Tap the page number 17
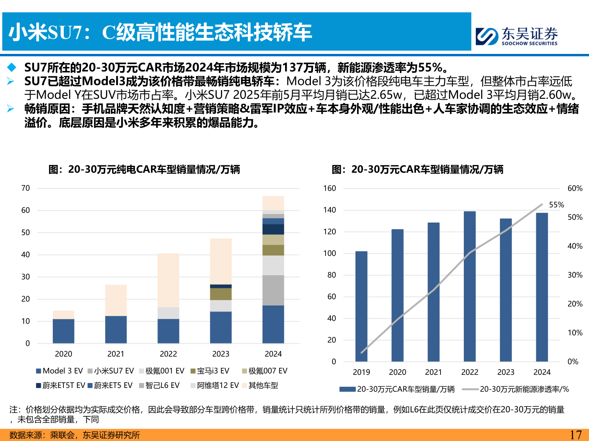click(x=576, y=435)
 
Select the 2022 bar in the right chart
click(x=470, y=286)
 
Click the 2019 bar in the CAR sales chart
click(x=361, y=306)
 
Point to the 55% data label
click(x=556, y=205)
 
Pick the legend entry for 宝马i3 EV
click(x=210, y=371)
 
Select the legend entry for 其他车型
click(x=260, y=385)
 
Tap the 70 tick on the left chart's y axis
click(x=25, y=188)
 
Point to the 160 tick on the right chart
click(x=329, y=188)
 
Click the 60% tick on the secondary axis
click(x=575, y=188)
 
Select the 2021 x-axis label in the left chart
click(x=116, y=354)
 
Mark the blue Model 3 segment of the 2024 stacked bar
click(x=273, y=324)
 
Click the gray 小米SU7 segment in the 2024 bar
click(x=273, y=290)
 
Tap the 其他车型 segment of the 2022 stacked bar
click(x=168, y=280)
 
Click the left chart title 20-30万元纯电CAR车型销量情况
click(x=144, y=169)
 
